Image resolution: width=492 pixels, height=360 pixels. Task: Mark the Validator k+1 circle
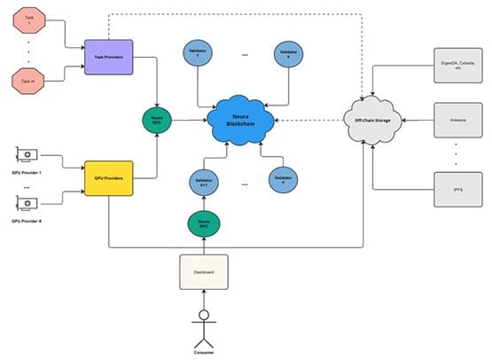[x=201, y=183]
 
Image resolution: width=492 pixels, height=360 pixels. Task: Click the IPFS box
[x=457, y=189]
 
